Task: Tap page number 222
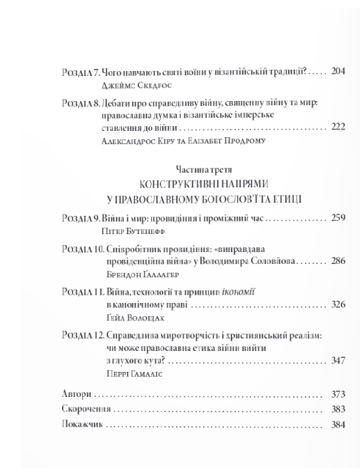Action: [x=338, y=129]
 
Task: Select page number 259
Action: [x=338, y=218]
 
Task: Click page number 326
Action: [x=338, y=304]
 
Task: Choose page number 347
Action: [x=338, y=361]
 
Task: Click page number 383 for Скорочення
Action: [x=338, y=409]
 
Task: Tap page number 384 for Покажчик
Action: [x=338, y=423]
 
